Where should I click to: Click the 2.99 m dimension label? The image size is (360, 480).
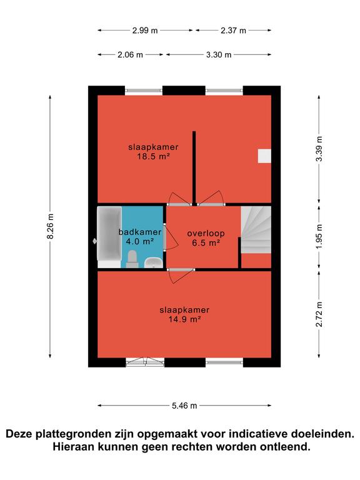point(145,31)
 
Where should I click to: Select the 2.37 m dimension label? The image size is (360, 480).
point(233,31)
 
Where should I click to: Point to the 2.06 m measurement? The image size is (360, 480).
point(130,55)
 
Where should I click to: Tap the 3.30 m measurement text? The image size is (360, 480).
point(219,55)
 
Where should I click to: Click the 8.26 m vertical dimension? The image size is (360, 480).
point(51,226)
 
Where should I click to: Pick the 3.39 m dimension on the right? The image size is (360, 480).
point(319,149)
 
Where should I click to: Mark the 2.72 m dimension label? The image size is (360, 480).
point(319,314)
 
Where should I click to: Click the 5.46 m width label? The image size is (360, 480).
point(184,406)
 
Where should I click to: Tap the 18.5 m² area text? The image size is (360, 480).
point(153,157)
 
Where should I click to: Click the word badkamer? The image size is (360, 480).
point(140,232)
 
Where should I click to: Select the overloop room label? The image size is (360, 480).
point(206,234)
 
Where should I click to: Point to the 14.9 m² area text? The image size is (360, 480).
point(184,319)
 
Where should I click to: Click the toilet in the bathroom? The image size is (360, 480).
point(132,259)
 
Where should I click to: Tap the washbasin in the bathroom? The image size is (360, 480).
point(153,262)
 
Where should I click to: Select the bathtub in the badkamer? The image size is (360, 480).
point(109,237)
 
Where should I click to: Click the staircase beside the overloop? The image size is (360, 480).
point(256,229)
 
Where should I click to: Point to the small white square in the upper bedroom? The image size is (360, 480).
point(264,156)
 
